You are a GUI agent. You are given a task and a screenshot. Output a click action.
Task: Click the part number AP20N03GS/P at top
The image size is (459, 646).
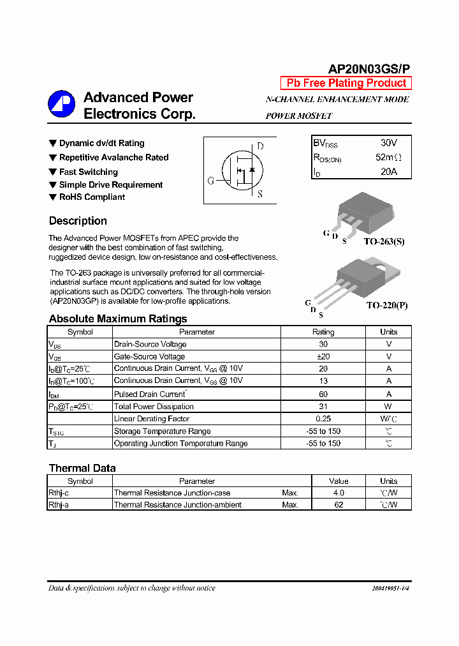tap(370, 69)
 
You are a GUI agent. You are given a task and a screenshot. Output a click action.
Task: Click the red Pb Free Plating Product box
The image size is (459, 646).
tap(346, 83)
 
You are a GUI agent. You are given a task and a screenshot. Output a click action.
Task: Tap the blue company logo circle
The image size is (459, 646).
tap(61, 104)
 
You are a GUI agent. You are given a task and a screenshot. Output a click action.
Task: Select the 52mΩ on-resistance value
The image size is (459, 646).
tap(388, 158)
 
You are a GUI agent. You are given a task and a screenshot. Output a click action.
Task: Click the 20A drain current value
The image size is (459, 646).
tap(388, 172)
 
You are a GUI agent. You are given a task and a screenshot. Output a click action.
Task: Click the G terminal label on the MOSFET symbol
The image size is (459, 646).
tap(210, 181)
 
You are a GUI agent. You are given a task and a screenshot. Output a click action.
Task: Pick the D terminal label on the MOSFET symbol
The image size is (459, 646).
tap(260, 146)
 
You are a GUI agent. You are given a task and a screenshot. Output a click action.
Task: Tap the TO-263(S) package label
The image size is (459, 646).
tap(384, 242)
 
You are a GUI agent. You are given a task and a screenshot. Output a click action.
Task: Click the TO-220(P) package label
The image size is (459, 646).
tap(386, 306)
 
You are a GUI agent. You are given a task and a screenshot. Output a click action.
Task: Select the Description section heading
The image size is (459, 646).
tap(78, 221)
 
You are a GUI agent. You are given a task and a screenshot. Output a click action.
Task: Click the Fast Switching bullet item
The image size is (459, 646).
tap(88, 172)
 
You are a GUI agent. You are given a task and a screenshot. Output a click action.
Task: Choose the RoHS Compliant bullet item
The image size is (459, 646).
tap(92, 197)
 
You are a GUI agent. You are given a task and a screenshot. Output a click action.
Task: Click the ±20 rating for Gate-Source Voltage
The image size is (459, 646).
tap(323, 357)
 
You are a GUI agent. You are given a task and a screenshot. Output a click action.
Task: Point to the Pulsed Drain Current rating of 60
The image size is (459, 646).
tap(323, 394)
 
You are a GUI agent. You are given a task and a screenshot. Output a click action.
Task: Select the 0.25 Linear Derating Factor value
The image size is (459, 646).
tap(323, 419)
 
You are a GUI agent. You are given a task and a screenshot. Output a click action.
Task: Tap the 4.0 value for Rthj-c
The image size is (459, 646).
tap(339, 493)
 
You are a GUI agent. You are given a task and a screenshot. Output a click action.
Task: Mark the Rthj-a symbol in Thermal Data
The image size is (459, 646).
tap(59, 505)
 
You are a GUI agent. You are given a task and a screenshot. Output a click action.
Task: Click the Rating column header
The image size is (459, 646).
tap(323, 332)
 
